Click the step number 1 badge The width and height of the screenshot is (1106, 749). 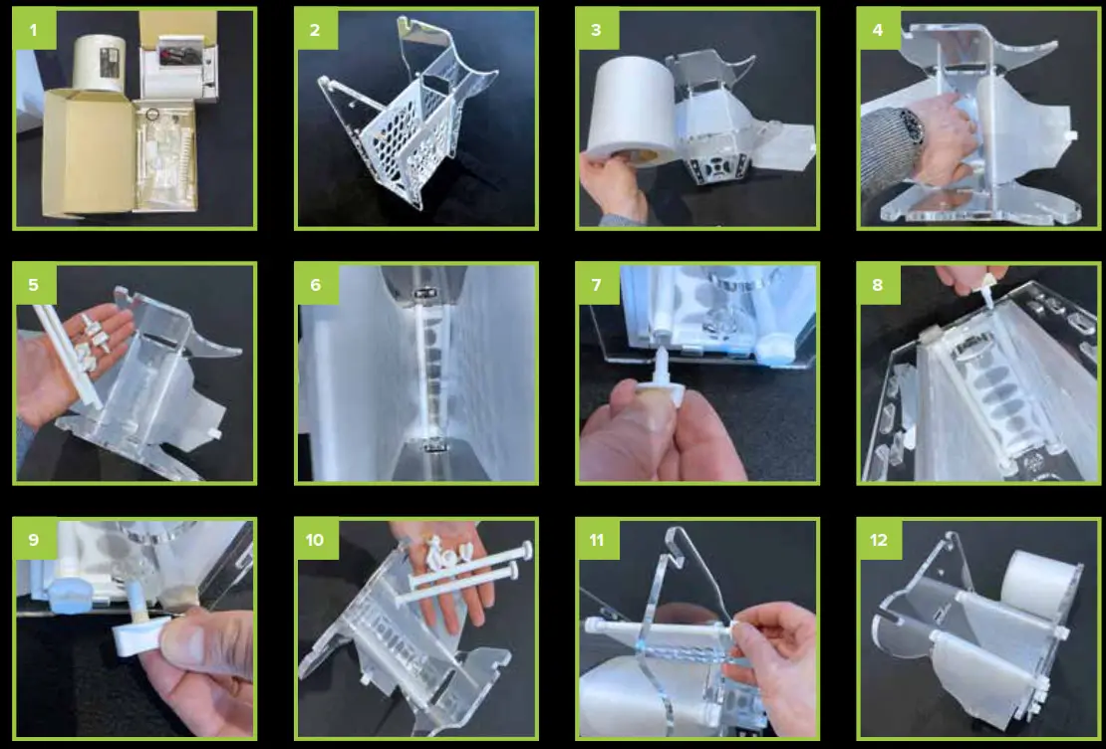tap(34, 30)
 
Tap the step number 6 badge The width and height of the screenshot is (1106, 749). tap(315, 285)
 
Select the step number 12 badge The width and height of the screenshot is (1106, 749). tap(878, 540)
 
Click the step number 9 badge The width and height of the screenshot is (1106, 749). tap(34, 540)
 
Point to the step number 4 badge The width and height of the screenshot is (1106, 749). tap(878, 30)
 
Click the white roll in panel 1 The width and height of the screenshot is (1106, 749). tap(99, 62)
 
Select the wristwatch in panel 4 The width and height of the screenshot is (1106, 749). tap(914, 126)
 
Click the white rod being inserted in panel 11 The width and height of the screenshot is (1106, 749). tap(660, 626)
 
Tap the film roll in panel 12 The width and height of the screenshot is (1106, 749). tap(1041, 585)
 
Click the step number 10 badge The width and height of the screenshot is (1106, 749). tap(315, 540)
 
